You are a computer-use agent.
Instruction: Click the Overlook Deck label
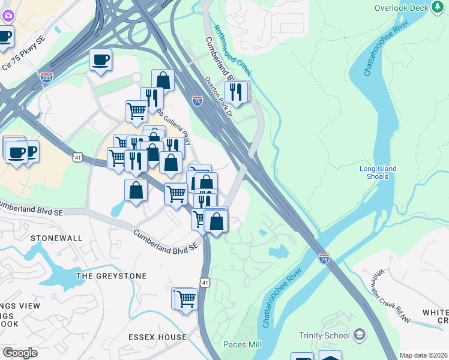coord(402,8)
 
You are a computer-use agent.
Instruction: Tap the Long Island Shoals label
coord(378,173)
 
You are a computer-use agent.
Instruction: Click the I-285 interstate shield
coord(46,77)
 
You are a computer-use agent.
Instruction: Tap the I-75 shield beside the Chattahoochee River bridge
coord(324,258)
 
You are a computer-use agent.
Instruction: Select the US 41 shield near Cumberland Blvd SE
coord(205,282)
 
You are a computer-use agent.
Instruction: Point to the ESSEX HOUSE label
coord(157,337)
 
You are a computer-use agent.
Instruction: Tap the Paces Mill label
coord(243,344)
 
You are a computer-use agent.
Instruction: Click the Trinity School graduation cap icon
coord(360,335)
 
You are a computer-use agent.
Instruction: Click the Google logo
coord(20,353)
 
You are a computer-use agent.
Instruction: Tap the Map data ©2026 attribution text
coord(423,355)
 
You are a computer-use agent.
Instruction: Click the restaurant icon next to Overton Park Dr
coord(236,92)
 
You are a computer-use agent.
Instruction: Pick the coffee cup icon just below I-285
coord(101,60)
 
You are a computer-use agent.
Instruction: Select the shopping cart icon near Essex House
coord(187,298)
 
